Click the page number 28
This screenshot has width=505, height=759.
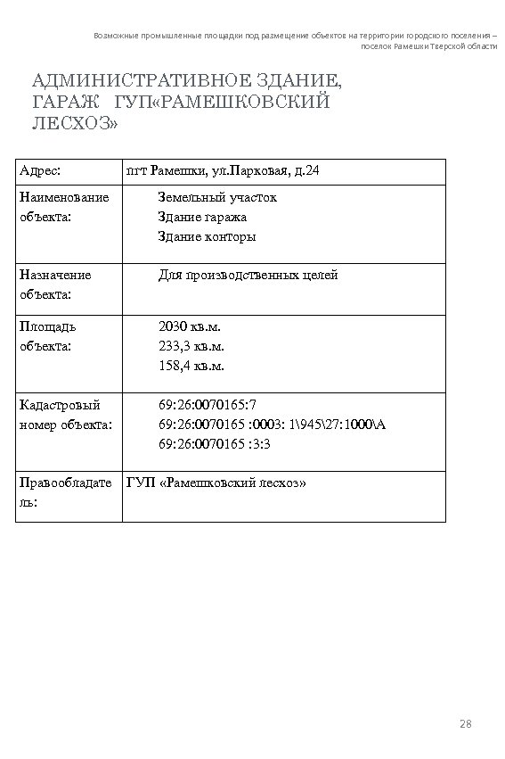(464, 722)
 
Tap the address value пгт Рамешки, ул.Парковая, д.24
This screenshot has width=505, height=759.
(216, 170)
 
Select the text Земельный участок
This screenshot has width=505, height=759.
(217, 197)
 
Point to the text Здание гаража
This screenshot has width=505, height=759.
(202, 217)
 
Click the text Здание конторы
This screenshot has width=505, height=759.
(207, 236)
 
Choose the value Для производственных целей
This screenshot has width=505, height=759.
(248, 276)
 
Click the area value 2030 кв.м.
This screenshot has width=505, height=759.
(190, 326)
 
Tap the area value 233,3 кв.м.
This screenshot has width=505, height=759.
(191, 346)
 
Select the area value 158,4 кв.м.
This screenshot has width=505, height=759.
(191, 366)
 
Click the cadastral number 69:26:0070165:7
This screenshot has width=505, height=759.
(208, 404)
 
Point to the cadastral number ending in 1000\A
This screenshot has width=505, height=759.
(272, 424)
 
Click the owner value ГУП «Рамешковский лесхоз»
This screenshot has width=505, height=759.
(216, 483)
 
